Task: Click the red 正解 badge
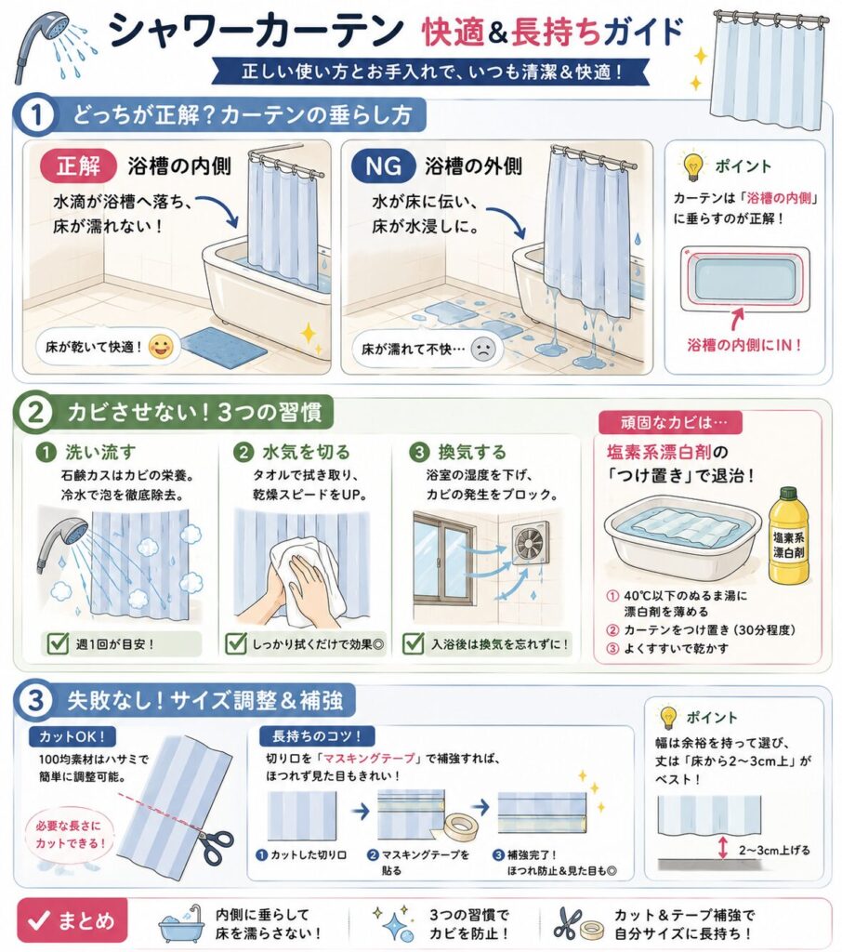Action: [78, 165]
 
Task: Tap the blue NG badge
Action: [384, 165]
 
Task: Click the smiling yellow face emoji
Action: [160, 347]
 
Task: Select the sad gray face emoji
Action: [483, 350]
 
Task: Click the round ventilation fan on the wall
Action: [531, 542]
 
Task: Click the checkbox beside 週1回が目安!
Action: [58, 643]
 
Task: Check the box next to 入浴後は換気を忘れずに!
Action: [413, 643]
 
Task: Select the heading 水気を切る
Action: [306, 452]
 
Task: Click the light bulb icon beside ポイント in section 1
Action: [692, 167]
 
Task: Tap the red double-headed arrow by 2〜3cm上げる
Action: [722, 848]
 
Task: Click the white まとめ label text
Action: [86, 921]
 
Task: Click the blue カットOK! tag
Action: [72, 736]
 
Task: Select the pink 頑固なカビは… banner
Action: [670, 423]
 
